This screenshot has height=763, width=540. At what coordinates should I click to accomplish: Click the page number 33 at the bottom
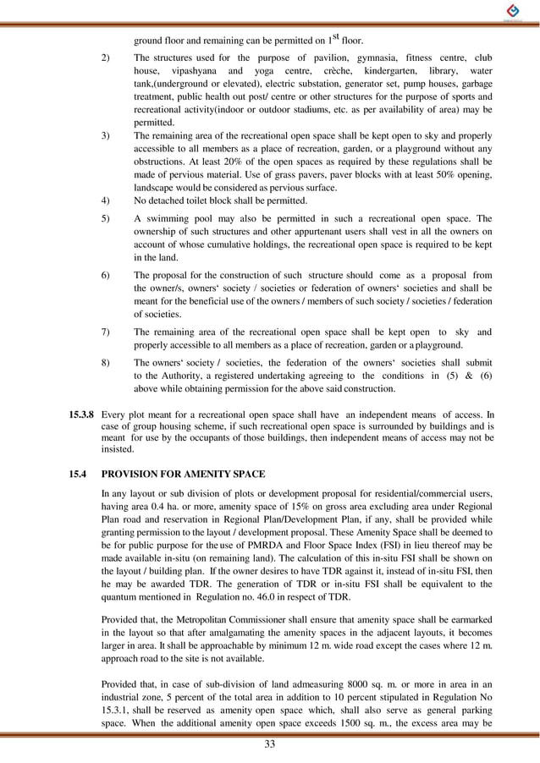(x=270, y=744)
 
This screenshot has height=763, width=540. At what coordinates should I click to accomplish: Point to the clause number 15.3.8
(x=81, y=414)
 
